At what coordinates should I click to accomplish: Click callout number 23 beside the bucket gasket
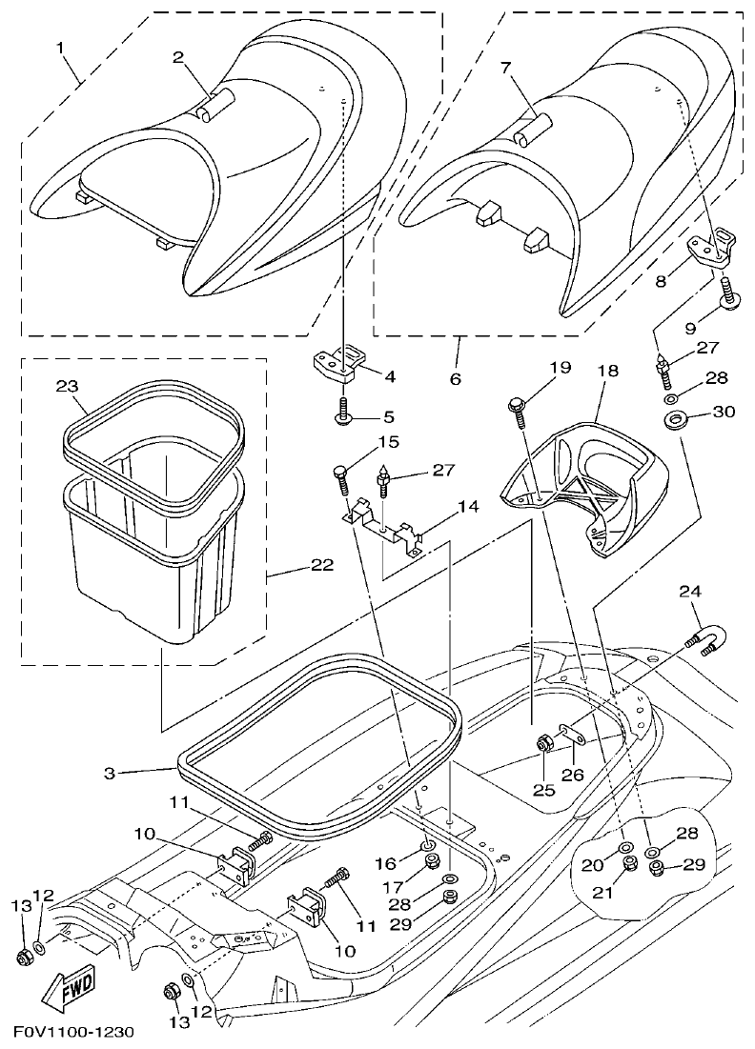click(x=67, y=387)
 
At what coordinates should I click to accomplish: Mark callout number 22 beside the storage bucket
click(x=321, y=566)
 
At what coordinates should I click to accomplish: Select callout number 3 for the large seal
click(x=109, y=774)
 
